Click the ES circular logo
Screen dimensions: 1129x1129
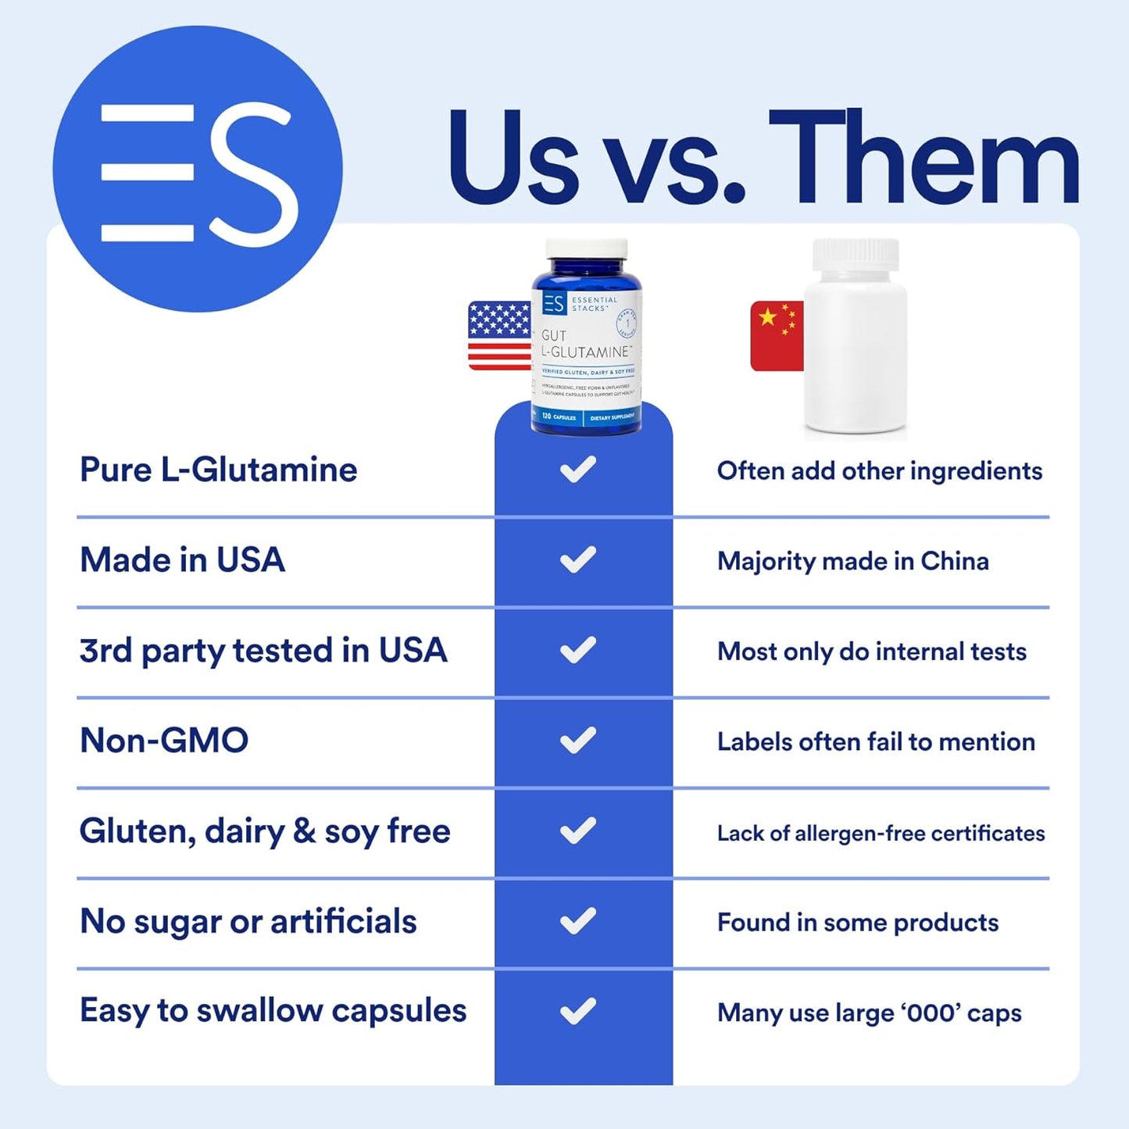197,169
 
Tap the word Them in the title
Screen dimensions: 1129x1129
924,159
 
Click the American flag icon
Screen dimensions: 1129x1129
499,335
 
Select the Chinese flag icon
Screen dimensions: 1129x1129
777,335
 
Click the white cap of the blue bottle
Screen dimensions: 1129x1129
586,250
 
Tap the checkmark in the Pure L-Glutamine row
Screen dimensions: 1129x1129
578,469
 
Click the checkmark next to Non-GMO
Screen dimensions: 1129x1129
578,740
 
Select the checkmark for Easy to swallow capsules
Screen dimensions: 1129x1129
578,1011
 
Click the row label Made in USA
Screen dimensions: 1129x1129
183,560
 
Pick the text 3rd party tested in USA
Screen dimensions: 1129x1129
263,651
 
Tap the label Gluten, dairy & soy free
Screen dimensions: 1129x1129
265,831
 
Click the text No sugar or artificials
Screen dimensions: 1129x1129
248,922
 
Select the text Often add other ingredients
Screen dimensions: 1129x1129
880,471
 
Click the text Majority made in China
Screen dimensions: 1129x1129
853,561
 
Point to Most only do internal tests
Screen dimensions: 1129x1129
872,652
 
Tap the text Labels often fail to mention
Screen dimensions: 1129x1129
876,742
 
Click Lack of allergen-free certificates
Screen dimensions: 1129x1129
881,834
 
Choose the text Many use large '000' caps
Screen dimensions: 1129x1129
870,1013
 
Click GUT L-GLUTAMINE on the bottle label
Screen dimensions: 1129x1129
585,345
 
